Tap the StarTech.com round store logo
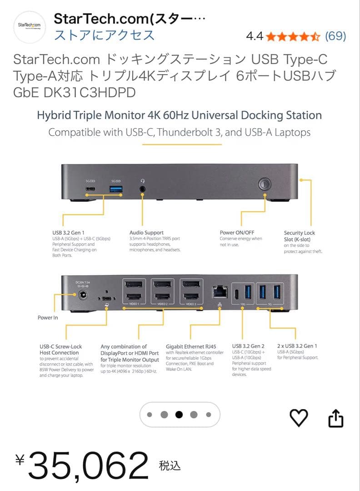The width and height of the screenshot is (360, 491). point(30,27)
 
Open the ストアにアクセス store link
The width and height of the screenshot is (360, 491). point(105,35)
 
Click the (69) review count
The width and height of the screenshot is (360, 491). point(336,36)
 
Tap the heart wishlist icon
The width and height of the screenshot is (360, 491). point(299,418)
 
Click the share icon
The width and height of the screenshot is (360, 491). point(335,418)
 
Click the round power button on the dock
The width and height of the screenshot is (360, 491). point(265,184)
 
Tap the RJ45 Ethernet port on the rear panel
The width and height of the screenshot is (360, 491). point(220,291)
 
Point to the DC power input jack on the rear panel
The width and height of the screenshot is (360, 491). point(83,295)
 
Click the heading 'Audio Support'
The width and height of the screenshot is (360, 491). point(146,233)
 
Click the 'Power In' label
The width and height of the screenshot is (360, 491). point(48,317)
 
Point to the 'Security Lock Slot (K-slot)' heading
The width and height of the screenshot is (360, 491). point(300,236)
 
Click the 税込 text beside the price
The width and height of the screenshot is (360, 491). point(170,466)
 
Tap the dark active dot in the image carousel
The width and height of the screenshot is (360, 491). point(179,414)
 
